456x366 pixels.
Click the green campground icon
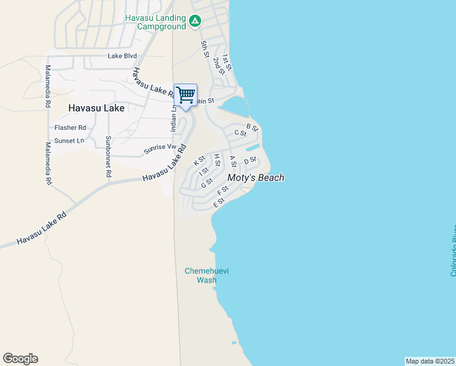pos(194,22)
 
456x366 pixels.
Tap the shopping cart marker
pos(185,95)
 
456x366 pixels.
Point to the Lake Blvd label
pos(122,56)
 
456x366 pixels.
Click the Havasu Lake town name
pos(96,108)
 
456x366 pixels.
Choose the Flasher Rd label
pos(70,128)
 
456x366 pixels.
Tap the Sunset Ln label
pos(69,140)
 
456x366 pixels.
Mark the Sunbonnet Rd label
pos(108,156)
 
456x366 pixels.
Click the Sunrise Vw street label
pos(160,148)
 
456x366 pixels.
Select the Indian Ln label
pos(173,118)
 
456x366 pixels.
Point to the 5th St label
pos(205,46)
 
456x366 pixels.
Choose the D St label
pos(251,160)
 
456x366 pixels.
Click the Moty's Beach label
pos(255,178)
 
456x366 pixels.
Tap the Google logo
pos(20,359)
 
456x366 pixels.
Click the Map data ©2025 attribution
pos(430,361)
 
